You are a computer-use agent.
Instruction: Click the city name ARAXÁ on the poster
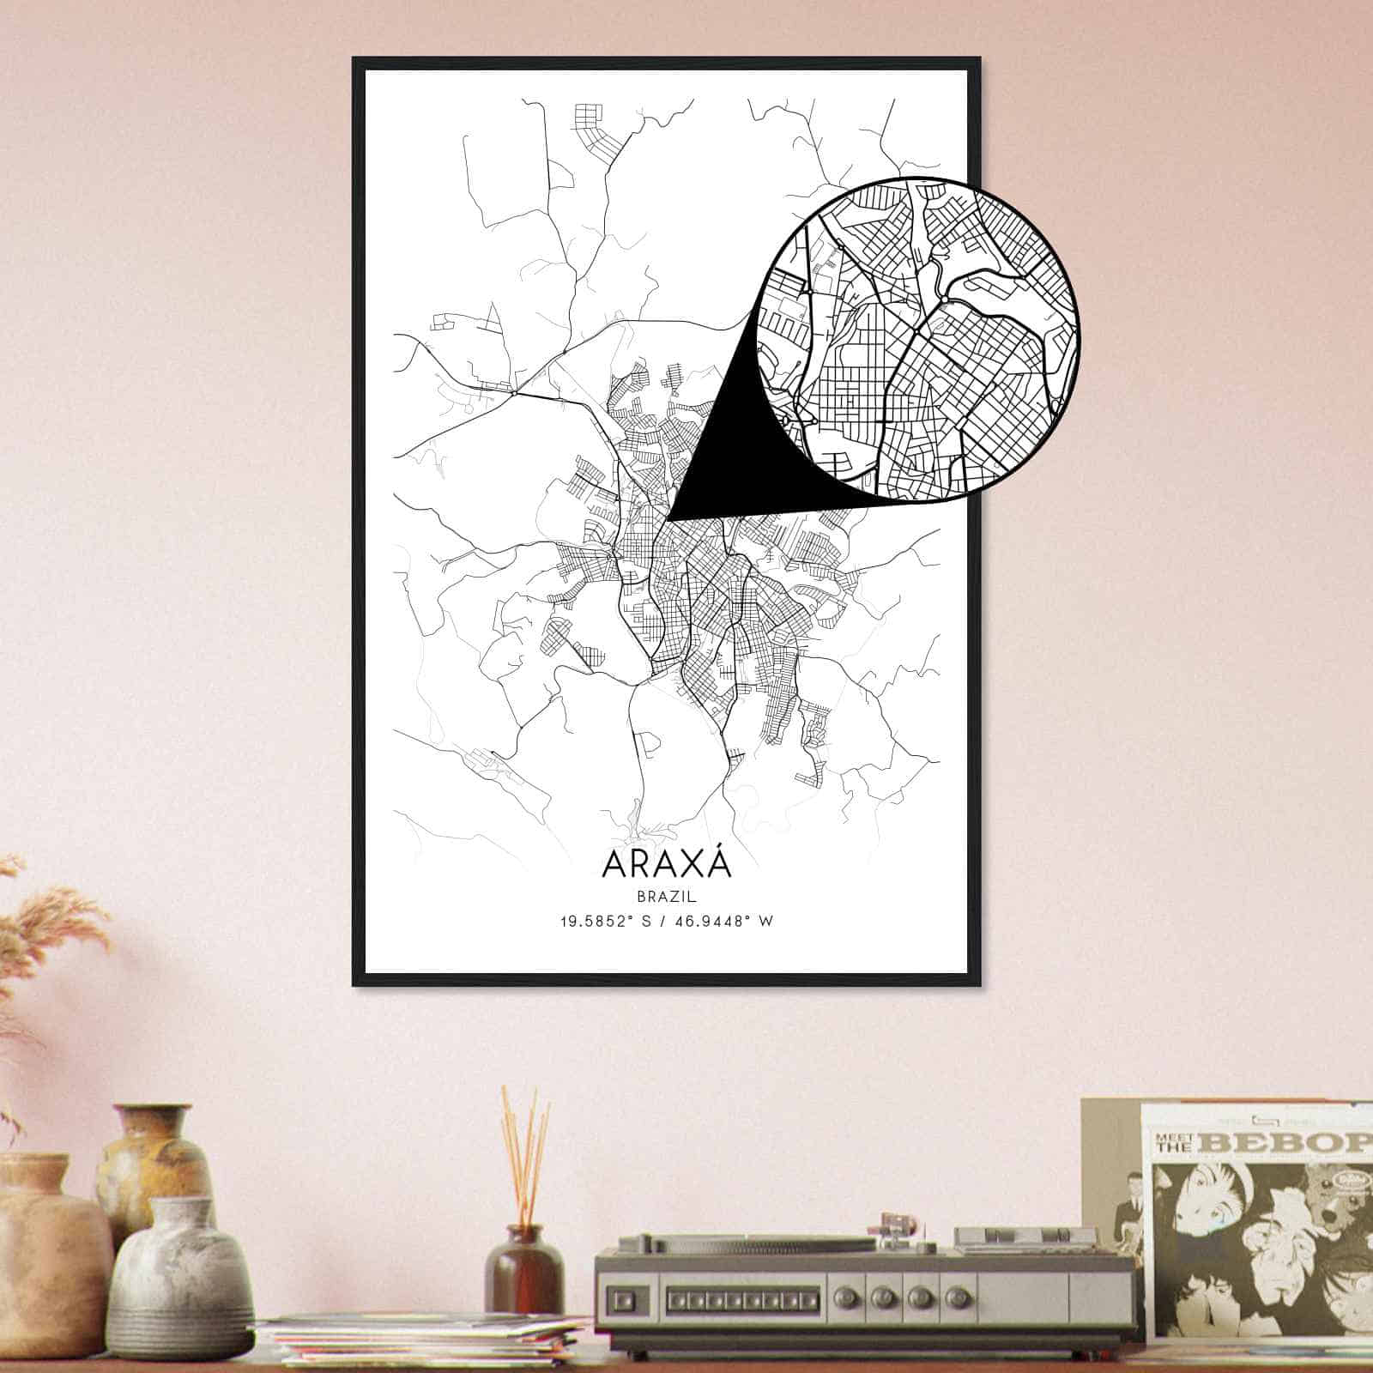(x=667, y=863)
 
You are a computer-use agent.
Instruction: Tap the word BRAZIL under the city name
(x=666, y=896)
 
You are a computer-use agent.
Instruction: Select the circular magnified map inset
(x=918, y=337)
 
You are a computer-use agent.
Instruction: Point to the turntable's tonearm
(x=892, y=1236)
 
